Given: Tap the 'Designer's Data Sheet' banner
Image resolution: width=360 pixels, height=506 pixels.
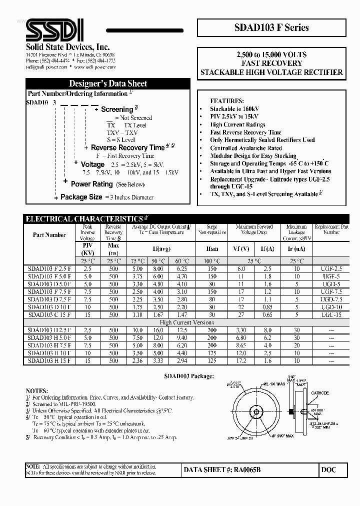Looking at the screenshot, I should (107, 83).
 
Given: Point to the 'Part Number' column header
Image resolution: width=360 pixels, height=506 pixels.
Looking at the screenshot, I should (49, 234).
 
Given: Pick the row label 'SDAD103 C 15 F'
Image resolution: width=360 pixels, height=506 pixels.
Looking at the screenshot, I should (49, 315).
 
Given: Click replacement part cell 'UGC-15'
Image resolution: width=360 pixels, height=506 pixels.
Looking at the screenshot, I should (330, 315).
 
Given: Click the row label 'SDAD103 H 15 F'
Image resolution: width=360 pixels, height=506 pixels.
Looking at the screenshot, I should (49, 360).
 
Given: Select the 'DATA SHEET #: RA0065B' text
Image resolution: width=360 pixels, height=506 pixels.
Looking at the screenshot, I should (222, 470).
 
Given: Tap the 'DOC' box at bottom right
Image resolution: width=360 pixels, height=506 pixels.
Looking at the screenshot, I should (329, 470).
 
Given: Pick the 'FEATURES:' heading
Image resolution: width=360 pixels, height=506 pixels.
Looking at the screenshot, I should (227, 100).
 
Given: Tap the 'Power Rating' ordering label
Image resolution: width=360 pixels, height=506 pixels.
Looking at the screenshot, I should (91, 184).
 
